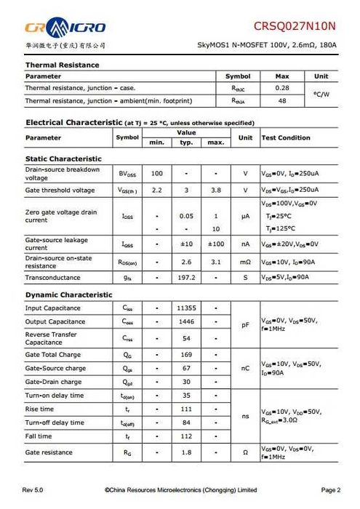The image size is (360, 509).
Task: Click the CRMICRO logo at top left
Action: pyautogui.click(x=65, y=28)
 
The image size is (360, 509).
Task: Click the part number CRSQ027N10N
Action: pyautogui.click(x=295, y=26)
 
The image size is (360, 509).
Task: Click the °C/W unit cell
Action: pyautogui.click(x=321, y=94)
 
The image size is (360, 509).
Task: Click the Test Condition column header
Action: pyautogui.click(x=286, y=137)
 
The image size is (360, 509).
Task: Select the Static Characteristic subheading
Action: pyautogui.click(x=63, y=159)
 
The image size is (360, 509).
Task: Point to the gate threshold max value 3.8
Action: pyautogui.click(x=215, y=190)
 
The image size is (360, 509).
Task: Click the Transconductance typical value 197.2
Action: pyautogui.click(x=186, y=277)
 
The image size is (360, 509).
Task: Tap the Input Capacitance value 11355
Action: pyautogui.click(x=186, y=308)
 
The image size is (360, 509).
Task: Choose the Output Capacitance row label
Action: pyautogui.click(x=55, y=321)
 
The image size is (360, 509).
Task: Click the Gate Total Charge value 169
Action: pyautogui.click(x=186, y=355)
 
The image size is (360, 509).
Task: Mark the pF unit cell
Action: pyautogui.click(x=245, y=324)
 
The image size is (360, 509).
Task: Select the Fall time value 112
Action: pyautogui.click(x=186, y=436)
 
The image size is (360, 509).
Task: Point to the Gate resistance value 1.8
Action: pyautogui.click(x=186, y=452)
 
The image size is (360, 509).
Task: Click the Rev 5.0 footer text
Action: pyautogui.click(x=33, y=491)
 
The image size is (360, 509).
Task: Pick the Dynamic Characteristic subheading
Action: pyautogui.click(x=69, y=294)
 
